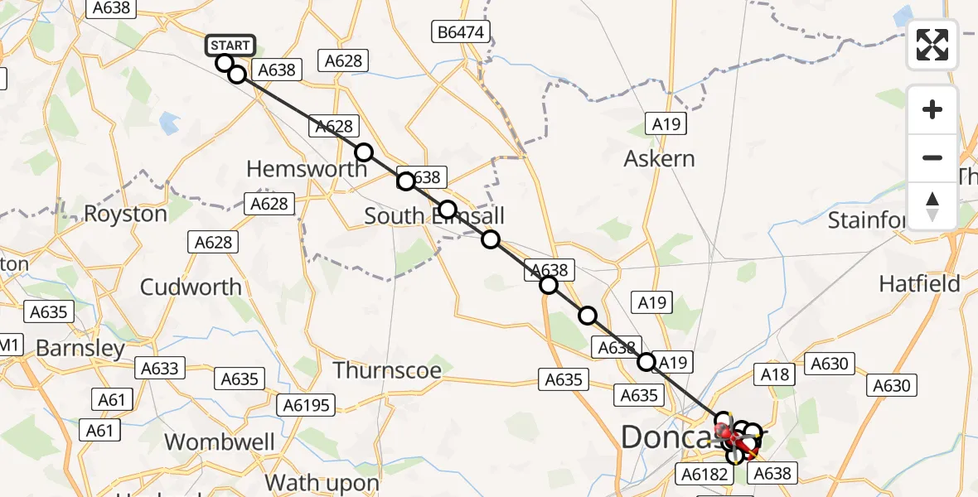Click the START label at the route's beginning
coord(230,46)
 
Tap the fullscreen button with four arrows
coord(932,45)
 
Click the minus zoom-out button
coord(932,157)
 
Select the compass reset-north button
coord(932,205)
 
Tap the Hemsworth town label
coord(307,169)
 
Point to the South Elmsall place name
coord(434,217)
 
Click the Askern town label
coord(660,158)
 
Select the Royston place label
coord(126,214)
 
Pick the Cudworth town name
coord(191,287)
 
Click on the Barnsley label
coord(80,349)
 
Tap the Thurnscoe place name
coord(387,369)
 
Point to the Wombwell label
coord(220,442)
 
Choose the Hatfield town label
coord(919,284)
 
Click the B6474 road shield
coord(462,33)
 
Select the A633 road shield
coord(160,368)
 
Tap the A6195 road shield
coord(307,405)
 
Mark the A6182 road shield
coord(704,474)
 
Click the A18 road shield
coord(776,374)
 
